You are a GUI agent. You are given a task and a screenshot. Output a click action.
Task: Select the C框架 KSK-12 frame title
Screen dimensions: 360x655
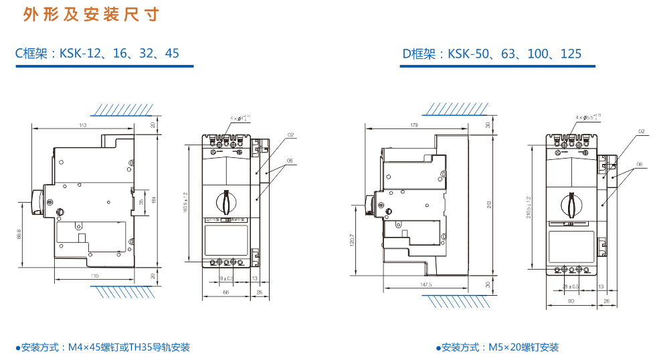(98, 53)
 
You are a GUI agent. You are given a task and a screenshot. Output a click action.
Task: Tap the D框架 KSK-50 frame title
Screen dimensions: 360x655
(492, 54)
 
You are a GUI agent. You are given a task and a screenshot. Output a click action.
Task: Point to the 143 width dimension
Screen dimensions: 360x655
(83, 125)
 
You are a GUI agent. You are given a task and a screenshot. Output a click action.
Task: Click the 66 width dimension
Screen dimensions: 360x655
(225, 292)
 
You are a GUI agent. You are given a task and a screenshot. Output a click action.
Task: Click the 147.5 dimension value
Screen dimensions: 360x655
(426, 285)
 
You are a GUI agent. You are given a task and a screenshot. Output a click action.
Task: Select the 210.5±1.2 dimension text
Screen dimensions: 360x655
(529, 207)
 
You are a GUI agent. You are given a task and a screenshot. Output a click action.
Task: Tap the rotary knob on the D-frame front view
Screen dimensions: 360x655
(571, 204)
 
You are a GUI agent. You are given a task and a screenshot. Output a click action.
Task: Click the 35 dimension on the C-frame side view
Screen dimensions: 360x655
(141, 201)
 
